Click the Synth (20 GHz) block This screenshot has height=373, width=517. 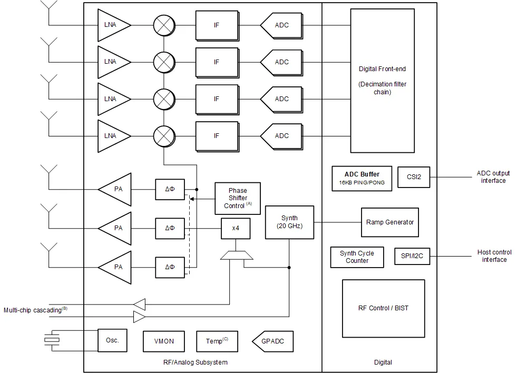coord(289,222)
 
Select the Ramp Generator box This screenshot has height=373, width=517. coord(390,222)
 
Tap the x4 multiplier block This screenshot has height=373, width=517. coord(236,228)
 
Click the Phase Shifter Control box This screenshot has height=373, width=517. coord(238,199)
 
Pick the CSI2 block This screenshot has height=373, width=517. coord(414,177)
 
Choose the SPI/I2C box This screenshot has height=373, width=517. coord(412,256)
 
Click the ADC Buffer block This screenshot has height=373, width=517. coord(362,179)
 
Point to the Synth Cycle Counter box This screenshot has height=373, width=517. coord(357,257)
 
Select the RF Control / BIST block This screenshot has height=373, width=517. coord(384,308)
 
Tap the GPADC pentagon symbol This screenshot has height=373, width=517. coord(272,341)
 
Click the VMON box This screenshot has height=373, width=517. coord(164,341)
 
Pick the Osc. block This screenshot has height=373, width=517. coord(112,340)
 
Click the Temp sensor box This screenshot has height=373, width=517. coord(217,341)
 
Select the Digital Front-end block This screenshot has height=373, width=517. coord(383,81)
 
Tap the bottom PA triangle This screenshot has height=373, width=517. coord(115,267)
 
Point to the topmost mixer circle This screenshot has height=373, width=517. coord(164,25)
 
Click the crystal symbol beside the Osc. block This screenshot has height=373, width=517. coord(52,340)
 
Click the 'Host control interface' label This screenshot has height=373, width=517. coord(494,256)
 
